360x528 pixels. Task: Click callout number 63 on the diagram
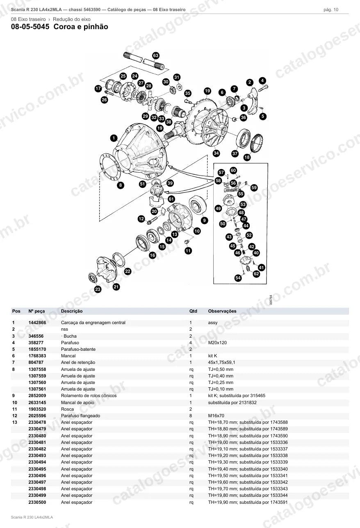pos(156,56)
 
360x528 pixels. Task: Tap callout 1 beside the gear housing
pos(114,138)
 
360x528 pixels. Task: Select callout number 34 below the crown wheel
pos(216,153)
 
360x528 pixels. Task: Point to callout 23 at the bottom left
pos(98,289)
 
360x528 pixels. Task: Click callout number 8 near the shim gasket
pos(121,185)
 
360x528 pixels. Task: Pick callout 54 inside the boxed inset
pos(238,278)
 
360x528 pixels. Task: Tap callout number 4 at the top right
pos(262,80)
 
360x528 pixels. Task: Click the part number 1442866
pos(37,322)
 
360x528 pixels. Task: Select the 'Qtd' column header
pos(193,311)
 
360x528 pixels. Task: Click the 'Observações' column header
pos(222,311)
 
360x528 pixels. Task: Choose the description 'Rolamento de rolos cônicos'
pos(89,395)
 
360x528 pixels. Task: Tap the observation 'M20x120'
pos(217,343)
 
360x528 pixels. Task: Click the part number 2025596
pos(37,416)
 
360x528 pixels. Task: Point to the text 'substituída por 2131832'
pos(232,402)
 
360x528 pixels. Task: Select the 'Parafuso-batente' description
pos(78,349)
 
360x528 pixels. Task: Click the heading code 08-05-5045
pos(30,27)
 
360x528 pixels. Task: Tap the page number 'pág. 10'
pos(331,10)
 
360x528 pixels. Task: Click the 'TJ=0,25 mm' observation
pos(221,382)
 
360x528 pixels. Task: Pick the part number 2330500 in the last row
pos(37,502)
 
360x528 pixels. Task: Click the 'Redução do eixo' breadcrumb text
pos(72,19)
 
